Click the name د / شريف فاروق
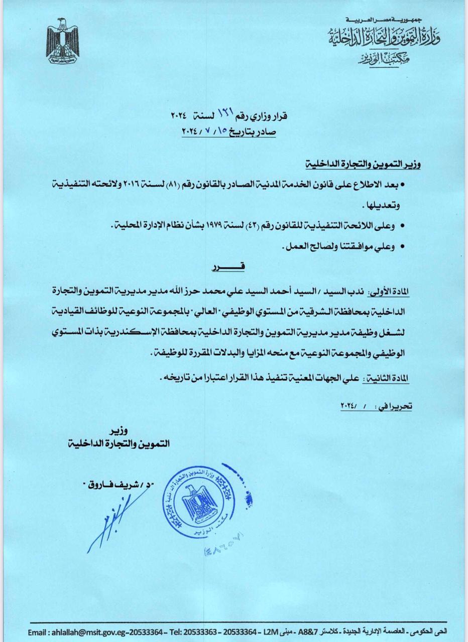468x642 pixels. coord(119,485)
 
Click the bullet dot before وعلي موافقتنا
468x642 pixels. coord(401,247)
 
